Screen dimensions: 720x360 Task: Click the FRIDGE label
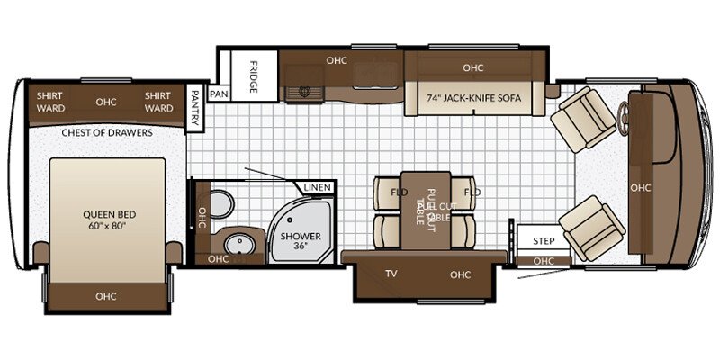point(254,76)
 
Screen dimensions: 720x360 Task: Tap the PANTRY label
point(194,107)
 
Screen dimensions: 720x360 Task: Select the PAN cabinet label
point(219,94)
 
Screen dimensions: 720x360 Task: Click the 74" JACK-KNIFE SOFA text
point(474,98)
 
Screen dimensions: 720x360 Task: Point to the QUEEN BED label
point(109,220)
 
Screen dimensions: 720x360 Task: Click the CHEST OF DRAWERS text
point(107,133)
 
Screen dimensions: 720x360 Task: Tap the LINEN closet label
point(318,187)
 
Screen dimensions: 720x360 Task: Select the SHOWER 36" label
point(301,241)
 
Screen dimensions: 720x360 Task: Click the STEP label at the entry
point(544,241)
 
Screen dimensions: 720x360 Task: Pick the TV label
point(391,274)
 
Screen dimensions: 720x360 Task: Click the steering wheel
point(623,119)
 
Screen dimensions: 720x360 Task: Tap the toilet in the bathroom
point(220,204)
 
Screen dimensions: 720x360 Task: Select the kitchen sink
point(304,91)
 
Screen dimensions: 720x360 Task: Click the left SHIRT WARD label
point(50,103)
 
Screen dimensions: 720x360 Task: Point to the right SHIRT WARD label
point(159,103)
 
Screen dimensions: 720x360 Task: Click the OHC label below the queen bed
point(106,297)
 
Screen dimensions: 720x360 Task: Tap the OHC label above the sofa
point(473,68)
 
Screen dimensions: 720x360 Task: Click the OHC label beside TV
point(461,274)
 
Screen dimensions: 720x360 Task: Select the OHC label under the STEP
point(544,261)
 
